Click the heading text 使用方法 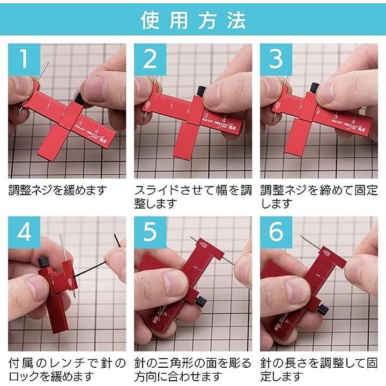pos(193,20)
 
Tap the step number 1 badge pos(24,60)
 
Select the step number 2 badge pos(150,60)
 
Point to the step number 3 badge pos(276,60)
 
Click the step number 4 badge pos(24,232)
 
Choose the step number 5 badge pos(150,232)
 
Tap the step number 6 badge pos(276,232)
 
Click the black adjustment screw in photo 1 pos(80,99)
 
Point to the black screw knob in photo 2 pos(201,91)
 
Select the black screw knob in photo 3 pos(315,87)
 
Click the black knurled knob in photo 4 pos(42,261)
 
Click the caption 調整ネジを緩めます pos(58,190)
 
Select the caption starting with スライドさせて pos(193,197)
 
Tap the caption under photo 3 pos(319,197)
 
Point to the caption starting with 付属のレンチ pos(67,370)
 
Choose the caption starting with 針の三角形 pos(193,370)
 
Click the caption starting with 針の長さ pos(319,370)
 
